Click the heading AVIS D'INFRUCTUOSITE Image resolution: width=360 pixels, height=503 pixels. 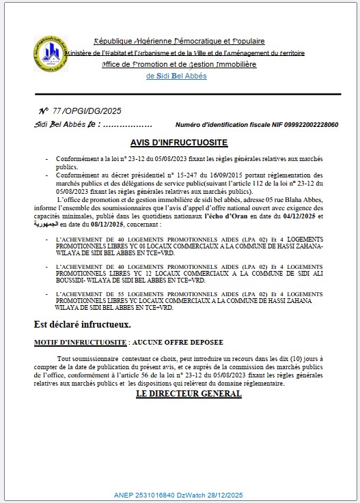[179, 143]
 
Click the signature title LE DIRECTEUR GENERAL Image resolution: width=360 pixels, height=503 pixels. [180, 394]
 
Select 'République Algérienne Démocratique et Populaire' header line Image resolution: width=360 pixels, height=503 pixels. [179, 42]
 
